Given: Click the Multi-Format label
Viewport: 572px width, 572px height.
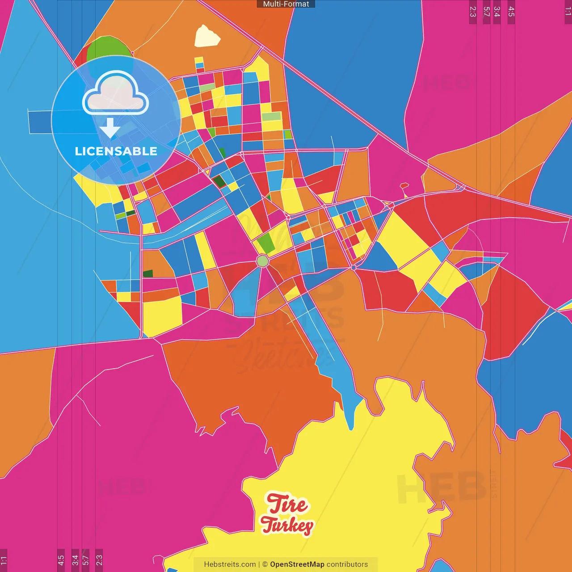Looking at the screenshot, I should (286, 4).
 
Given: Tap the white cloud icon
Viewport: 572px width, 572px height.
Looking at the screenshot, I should (115, 94).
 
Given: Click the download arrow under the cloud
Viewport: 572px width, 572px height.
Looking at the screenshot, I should (110, 128).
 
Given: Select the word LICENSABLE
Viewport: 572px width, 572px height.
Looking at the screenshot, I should (116, 151).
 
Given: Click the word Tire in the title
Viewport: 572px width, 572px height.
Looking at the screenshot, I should (287, 504).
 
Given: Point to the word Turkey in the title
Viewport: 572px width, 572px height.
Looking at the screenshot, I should (287, 526).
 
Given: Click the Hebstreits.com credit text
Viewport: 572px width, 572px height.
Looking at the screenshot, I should (230, 564).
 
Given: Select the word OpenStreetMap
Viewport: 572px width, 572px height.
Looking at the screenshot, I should (297, 564).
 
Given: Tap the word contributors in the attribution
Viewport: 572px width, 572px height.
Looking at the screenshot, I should (347, 564).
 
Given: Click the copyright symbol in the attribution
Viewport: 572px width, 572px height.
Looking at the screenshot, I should (265, 564).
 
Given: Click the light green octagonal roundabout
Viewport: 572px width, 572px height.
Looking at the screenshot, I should (263, 261).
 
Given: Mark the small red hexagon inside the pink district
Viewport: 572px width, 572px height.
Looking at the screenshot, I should (404, 185).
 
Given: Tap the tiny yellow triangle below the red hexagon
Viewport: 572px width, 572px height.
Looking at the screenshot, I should (406, 195).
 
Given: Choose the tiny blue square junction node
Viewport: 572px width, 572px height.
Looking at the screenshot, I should (353, 267).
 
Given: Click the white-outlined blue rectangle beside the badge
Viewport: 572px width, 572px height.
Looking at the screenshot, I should (40, 122).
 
